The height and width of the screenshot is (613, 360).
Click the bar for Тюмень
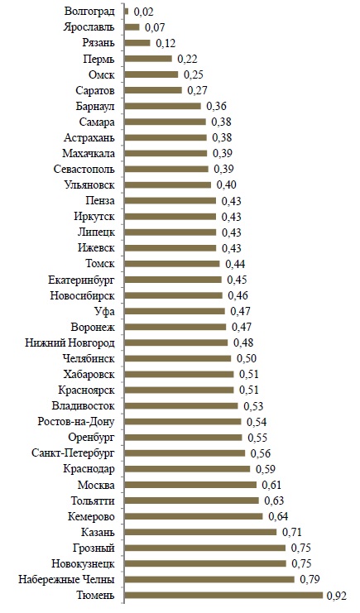pyautogui.click(x=223, y=595)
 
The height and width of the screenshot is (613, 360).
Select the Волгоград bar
pyautogui.click(x=127, y=12)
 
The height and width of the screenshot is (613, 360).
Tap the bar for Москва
pyautogui.click(x=190, y=485)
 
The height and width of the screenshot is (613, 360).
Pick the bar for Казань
pyautogui.click(x=201, y=532)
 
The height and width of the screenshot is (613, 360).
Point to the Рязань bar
pyautogui.click(x=137, y=43)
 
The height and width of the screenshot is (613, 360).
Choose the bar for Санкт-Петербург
pyautogui.click(x=185, y=453)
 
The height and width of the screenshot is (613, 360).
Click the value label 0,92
pyautogui.click(x=337, y=596)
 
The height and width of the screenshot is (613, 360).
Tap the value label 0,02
pyautogui.click(x=143, y=12)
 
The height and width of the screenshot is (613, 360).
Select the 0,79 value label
pyautogui.click(x=310, y=580)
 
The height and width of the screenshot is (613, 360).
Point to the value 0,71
pyautogui.click(x=292, y=533)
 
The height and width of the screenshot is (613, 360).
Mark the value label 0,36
pyautogui.click(x=216, y=107)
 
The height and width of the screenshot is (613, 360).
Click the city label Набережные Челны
pyautogui.click(x=66, y=579)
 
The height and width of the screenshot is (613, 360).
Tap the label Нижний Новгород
pyautogui.click(x=70, y=342)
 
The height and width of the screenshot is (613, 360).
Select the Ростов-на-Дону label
pyautogui.click(x=76, y=422)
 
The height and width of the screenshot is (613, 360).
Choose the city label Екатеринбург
pyautogui.click(x=82, y=280)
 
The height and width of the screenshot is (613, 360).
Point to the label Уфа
pyautogui.click(x=104, y=312)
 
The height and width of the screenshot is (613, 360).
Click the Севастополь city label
pyautogui.click(x=84, y=170)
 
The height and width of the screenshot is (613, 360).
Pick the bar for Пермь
pyautogui.click(x=148, y=59)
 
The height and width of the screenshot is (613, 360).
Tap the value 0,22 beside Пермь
pyautogui.click(x=187, y=59)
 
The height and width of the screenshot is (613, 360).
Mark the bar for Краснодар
pyautogui.click(x=187, y=469)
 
